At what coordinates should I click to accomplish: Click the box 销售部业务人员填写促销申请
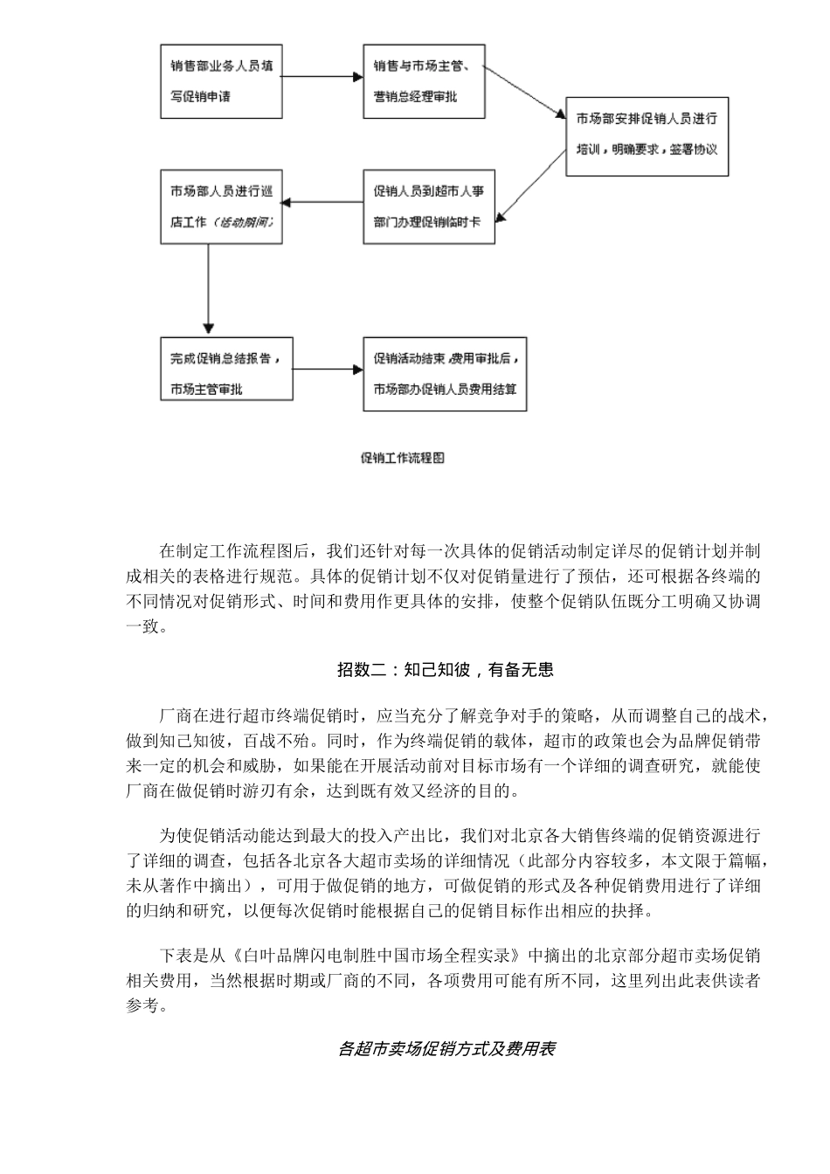(220, 80)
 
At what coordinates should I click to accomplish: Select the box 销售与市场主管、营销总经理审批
(428, 80)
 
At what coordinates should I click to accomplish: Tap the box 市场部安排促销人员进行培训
(647, 136)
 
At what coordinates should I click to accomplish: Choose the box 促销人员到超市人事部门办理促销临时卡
(428, 206)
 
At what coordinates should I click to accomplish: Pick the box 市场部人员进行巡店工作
(220, 206)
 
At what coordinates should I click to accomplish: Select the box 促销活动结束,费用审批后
(446, 374)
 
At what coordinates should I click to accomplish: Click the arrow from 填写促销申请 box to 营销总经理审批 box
(322, 78)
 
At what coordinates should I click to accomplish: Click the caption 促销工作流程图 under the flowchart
(403, 458)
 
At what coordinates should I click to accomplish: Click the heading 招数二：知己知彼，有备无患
(445, 670)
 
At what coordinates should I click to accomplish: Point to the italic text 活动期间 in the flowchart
(244, 222)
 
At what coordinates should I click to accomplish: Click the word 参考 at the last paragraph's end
(142, 1005)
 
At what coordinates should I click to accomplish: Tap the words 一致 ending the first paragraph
(142, 626)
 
